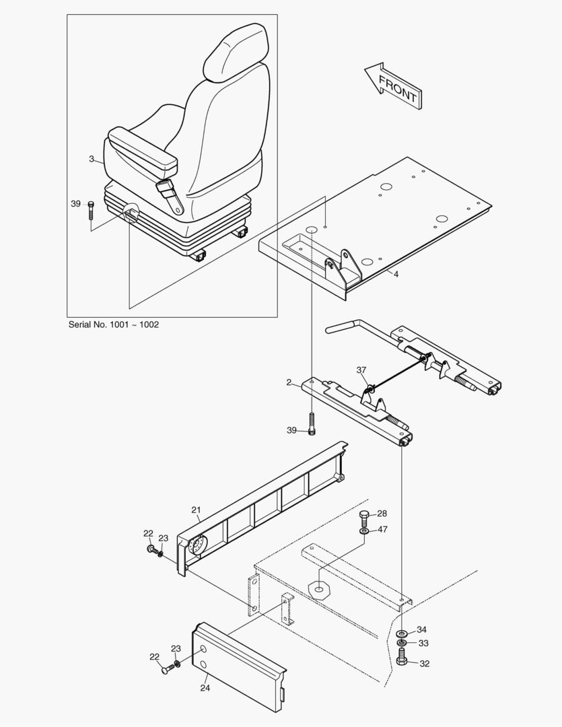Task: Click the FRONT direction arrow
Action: pos(393,86)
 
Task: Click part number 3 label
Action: pos(92,159)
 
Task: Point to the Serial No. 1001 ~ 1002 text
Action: pos(114,324)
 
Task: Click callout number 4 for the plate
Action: pos(396,274)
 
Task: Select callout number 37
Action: pos(361,370)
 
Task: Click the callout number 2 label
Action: pos(289,382)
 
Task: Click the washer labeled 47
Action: pos(363,530)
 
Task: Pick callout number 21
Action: pos(196,510)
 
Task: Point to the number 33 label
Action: pos(423,644)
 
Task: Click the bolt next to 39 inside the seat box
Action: pos(91,211)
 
